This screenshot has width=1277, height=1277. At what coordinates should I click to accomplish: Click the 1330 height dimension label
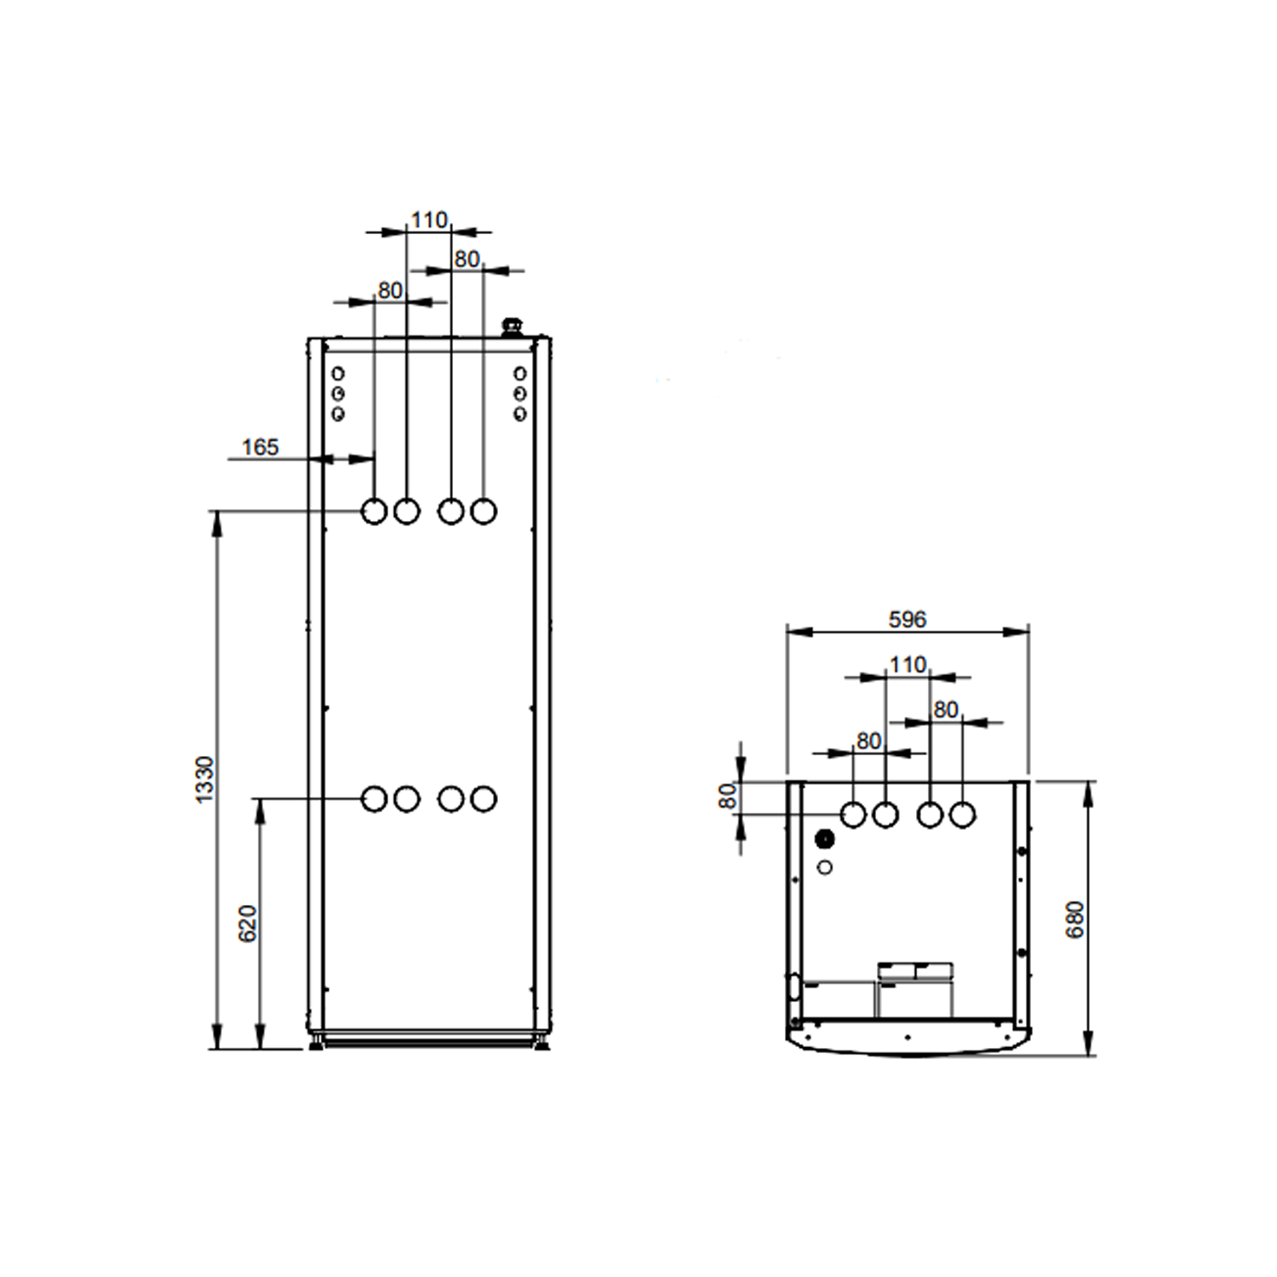(x=205, y=779)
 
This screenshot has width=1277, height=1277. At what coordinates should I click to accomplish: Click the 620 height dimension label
(x=248, y=924)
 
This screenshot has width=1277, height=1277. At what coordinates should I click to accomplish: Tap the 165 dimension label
(x=261, y=447)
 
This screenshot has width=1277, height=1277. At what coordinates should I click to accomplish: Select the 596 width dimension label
(x=908, y=619)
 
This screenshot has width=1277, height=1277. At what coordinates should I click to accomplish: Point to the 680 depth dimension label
(x=1075, y=919)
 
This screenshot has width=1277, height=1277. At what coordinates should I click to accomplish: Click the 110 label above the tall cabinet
(x=429, y=220)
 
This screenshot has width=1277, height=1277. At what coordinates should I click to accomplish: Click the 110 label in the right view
(x=908, y=664)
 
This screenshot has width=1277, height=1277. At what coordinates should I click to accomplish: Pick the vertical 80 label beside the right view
(x=728, y=796)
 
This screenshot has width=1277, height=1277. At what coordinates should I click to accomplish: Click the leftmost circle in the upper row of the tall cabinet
(x=375, y=512)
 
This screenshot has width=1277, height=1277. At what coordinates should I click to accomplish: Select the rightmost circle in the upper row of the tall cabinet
(x=484, y=512)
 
